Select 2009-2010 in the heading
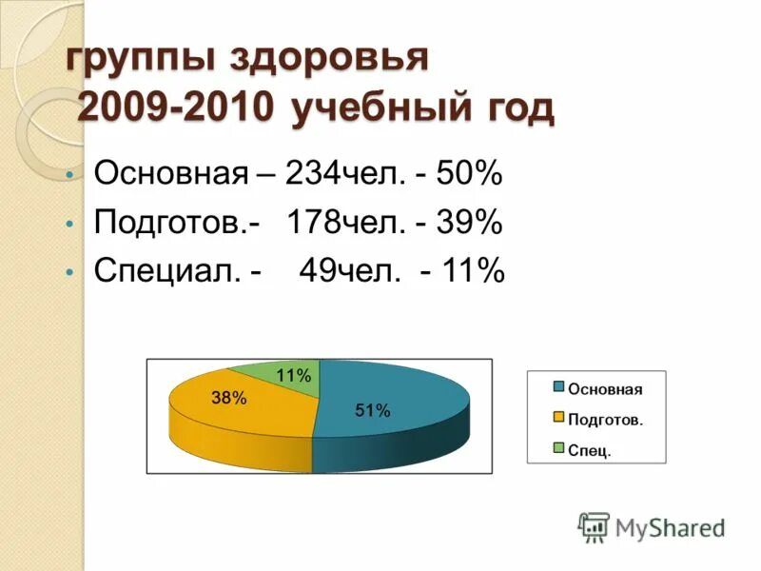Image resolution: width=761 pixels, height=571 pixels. (x=178, y=108)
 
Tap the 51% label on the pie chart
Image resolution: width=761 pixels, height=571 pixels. (x=373, y=411)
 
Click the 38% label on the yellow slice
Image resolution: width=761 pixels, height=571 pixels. (x=229, y=399)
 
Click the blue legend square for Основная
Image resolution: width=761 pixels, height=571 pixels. (x=559, y=387)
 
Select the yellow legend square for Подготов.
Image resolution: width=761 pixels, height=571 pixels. (x=559, y=418)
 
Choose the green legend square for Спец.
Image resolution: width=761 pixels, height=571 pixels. (x=559, y=448)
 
